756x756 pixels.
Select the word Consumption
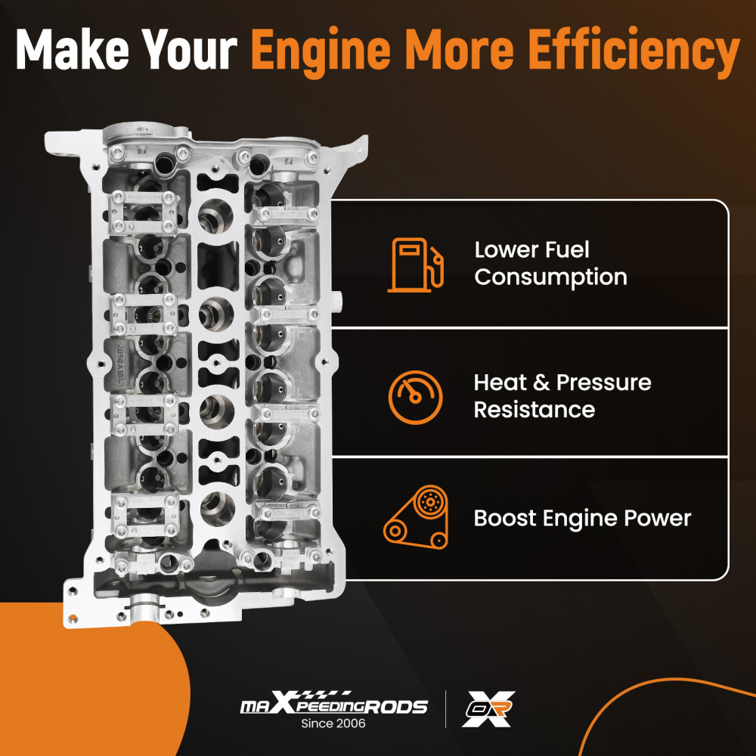(x=550, y=277)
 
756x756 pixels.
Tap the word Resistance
(x=534, y=410)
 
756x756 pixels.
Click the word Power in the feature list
(x=657, y=519)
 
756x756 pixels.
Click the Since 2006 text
(x=333, y=723)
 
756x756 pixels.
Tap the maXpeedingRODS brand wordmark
(x=333, y=705)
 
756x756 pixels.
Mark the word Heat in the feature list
(x=499, y=383)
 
